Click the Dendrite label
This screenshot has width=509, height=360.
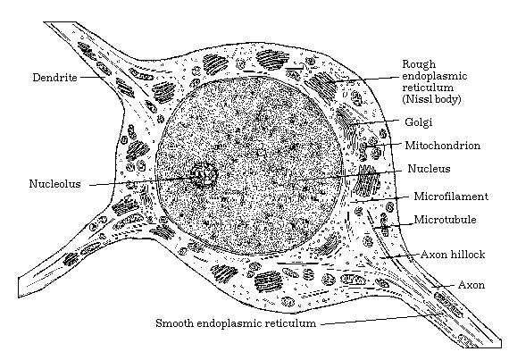(54, 78)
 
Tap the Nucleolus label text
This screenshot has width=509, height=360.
(54, 184)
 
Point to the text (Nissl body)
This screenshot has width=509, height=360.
(431, 98)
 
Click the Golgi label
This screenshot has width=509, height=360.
(419, 122)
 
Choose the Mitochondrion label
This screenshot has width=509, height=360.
(442, 145)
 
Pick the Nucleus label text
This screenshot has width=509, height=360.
(429, 169)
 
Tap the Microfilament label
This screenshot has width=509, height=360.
(451, 197)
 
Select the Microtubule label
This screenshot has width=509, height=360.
(445, 220)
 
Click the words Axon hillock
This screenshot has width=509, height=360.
(453, 255)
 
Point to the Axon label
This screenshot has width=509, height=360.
(471, 285)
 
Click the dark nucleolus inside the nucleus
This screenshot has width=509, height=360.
(204, 175)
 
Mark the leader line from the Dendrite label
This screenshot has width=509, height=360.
(93, 77)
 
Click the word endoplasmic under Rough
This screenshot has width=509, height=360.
(435, 76)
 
